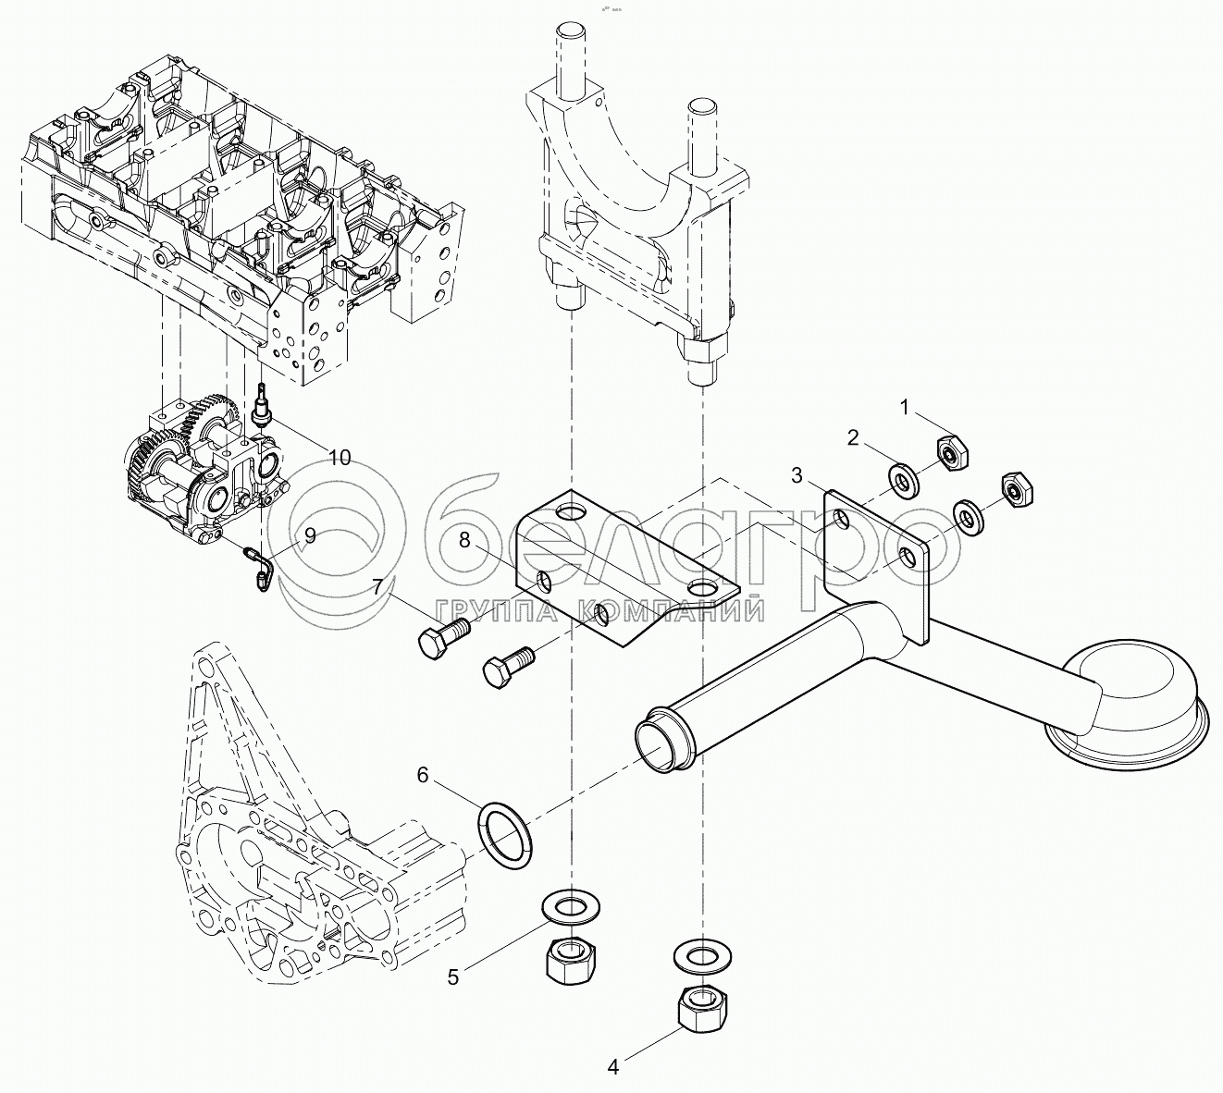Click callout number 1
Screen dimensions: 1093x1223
(x=907, y=407)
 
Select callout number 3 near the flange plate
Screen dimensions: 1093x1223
(x=797, y=475)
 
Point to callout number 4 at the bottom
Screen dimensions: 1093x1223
(x=612, y=1067)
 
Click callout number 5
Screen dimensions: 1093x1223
(x=452, y=976)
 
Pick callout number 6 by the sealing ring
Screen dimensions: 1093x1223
(x=422, y=775)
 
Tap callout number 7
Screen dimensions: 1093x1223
(x=377, y=587)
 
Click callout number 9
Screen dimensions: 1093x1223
(x=310, y=535)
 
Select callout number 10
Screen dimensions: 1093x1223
(x=340, y=457)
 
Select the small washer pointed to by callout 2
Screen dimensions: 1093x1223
(x=902, y=479)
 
